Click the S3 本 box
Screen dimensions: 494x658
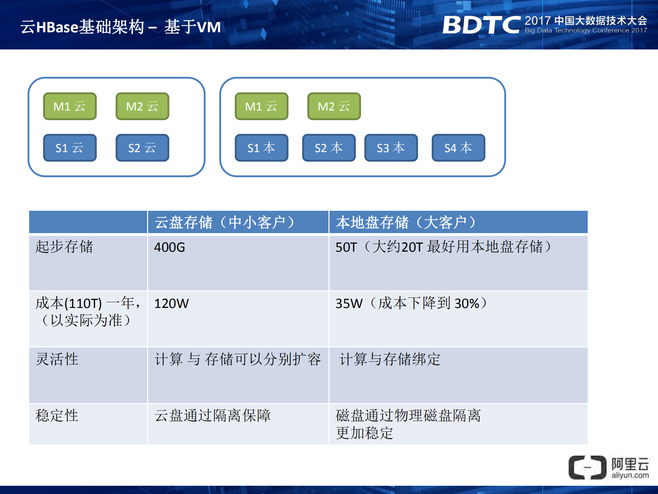click(391, 148)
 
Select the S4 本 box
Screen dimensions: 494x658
click(458, 148)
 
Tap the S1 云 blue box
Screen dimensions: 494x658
click(70, 148)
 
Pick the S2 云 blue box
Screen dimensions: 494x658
click(142, 148)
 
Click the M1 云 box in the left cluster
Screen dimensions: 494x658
click(70, 106)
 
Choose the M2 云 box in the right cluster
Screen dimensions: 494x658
click(334, 106)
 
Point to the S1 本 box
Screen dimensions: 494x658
click(261, 148)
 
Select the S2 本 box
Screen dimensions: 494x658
click(328, 148)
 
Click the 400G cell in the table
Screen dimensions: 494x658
click(169, 247)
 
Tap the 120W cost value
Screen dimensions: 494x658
click(171, 303)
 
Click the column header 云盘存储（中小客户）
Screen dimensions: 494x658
click(225, 222)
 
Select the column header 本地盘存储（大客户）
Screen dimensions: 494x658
click(406, 222)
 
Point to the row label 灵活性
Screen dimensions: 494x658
click(57, 359)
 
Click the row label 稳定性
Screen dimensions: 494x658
click(57, 416)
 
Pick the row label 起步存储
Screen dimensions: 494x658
click(64, 247)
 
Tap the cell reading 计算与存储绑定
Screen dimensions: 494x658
click(390, 359)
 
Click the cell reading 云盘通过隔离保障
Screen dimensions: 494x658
click(213, 416)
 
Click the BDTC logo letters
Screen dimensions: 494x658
click(481, 25)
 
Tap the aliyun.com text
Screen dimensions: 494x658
click(630, 475)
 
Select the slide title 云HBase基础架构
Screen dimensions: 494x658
click(82, 27)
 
